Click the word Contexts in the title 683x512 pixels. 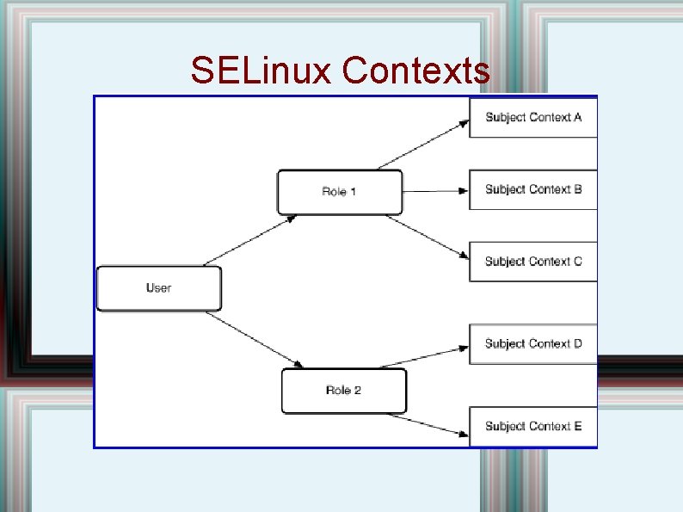tap(415, 71)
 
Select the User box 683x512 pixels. tap(159, 288)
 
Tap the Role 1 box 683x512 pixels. tap(339, 191)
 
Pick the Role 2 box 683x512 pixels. tap(343, 391)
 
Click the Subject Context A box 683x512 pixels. tap(532, 117)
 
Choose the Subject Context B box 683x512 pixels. tap(532, 189)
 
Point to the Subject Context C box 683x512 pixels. tap(532, 262)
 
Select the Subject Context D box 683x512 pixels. tap(532, 343)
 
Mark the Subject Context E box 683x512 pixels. tap(532, 426)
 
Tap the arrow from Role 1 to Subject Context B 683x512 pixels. tap(435, 189)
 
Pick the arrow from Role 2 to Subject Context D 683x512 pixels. tap(437, 356)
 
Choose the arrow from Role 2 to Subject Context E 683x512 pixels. tap(437, 417)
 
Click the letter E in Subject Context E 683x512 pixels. tap(577, 426)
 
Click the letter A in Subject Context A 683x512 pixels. tap(577, 117)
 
